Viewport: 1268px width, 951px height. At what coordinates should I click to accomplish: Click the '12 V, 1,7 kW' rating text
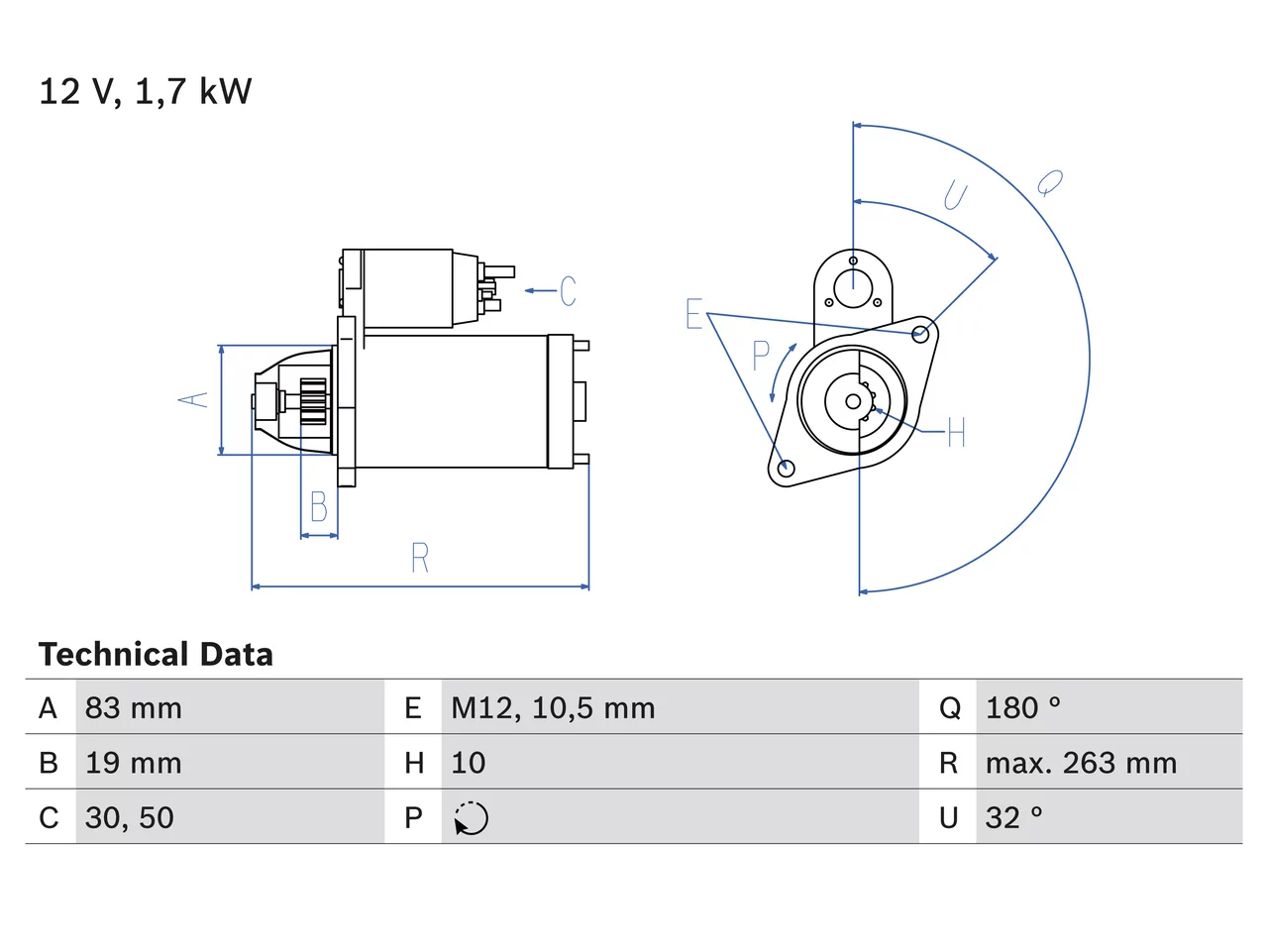(145, 92)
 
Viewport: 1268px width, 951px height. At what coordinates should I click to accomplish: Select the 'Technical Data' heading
(156, 654)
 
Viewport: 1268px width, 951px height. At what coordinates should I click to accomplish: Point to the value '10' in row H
(468, 763)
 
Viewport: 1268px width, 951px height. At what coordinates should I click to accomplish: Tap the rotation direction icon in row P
(471, 818)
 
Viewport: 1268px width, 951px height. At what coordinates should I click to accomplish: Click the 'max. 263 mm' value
(1081, 763)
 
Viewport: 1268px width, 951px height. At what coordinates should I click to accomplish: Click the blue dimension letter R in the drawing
(420, 557)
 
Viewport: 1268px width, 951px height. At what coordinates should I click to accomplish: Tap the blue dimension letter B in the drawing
(319, 506)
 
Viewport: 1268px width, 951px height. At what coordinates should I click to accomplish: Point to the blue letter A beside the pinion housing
(193, 399)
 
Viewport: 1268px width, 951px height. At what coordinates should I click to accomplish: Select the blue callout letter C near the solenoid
(568, 290)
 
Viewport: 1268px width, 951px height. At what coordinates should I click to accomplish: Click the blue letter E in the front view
(693, 314)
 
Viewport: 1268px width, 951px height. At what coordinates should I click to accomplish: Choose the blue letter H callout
(956, 432)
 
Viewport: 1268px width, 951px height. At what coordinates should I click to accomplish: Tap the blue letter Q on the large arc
(1050, 183)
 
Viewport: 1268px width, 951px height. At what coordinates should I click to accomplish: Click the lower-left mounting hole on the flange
(786, 469)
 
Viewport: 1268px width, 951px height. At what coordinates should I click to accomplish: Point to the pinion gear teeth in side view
(313, 402)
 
